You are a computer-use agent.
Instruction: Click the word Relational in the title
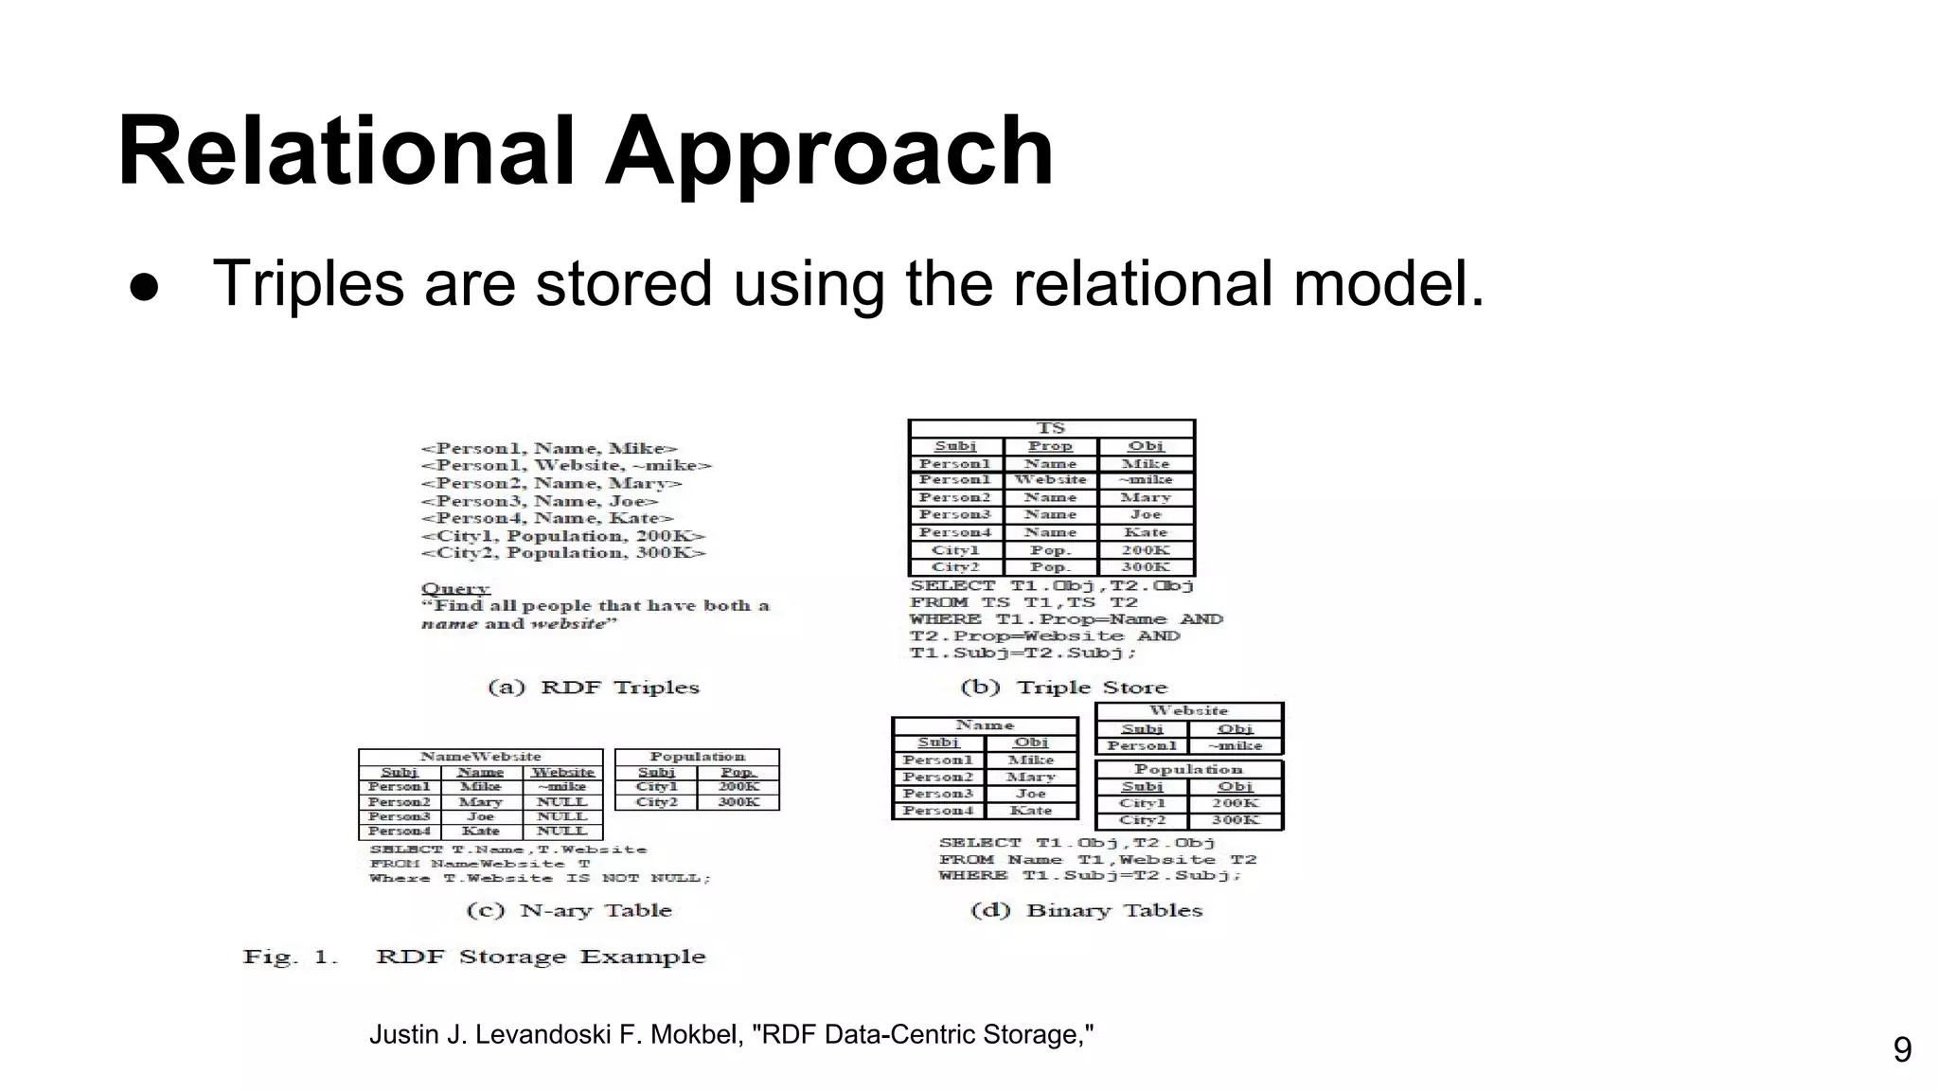tap(346, 152)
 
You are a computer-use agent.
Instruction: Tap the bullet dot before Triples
tap(145, 287)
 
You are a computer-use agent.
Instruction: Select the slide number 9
tap(1901, 1049)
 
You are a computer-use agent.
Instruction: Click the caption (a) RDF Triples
tap(594, 688)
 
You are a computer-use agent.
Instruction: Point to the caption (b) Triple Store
tap(1063, 688)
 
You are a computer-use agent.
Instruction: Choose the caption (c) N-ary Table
tap(569, 910)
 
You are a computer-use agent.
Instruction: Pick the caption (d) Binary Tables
tap(1086, 910)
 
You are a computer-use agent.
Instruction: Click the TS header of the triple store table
tap(1051, 428)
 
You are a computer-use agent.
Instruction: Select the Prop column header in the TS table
tap(1050, 446)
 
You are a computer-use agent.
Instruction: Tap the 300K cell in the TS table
tap(1146, 567)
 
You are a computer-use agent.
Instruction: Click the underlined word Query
tap(455, 589)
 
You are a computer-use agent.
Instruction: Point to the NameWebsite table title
tap(480, 757)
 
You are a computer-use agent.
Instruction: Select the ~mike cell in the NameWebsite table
tap(562, 787)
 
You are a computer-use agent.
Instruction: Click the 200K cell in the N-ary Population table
tap(738, 787)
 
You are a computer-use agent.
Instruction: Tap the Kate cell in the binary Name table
tap(1031, 811)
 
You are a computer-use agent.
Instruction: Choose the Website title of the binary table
tap(1188, 710)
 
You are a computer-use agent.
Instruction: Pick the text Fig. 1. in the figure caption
tap(290, 957)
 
